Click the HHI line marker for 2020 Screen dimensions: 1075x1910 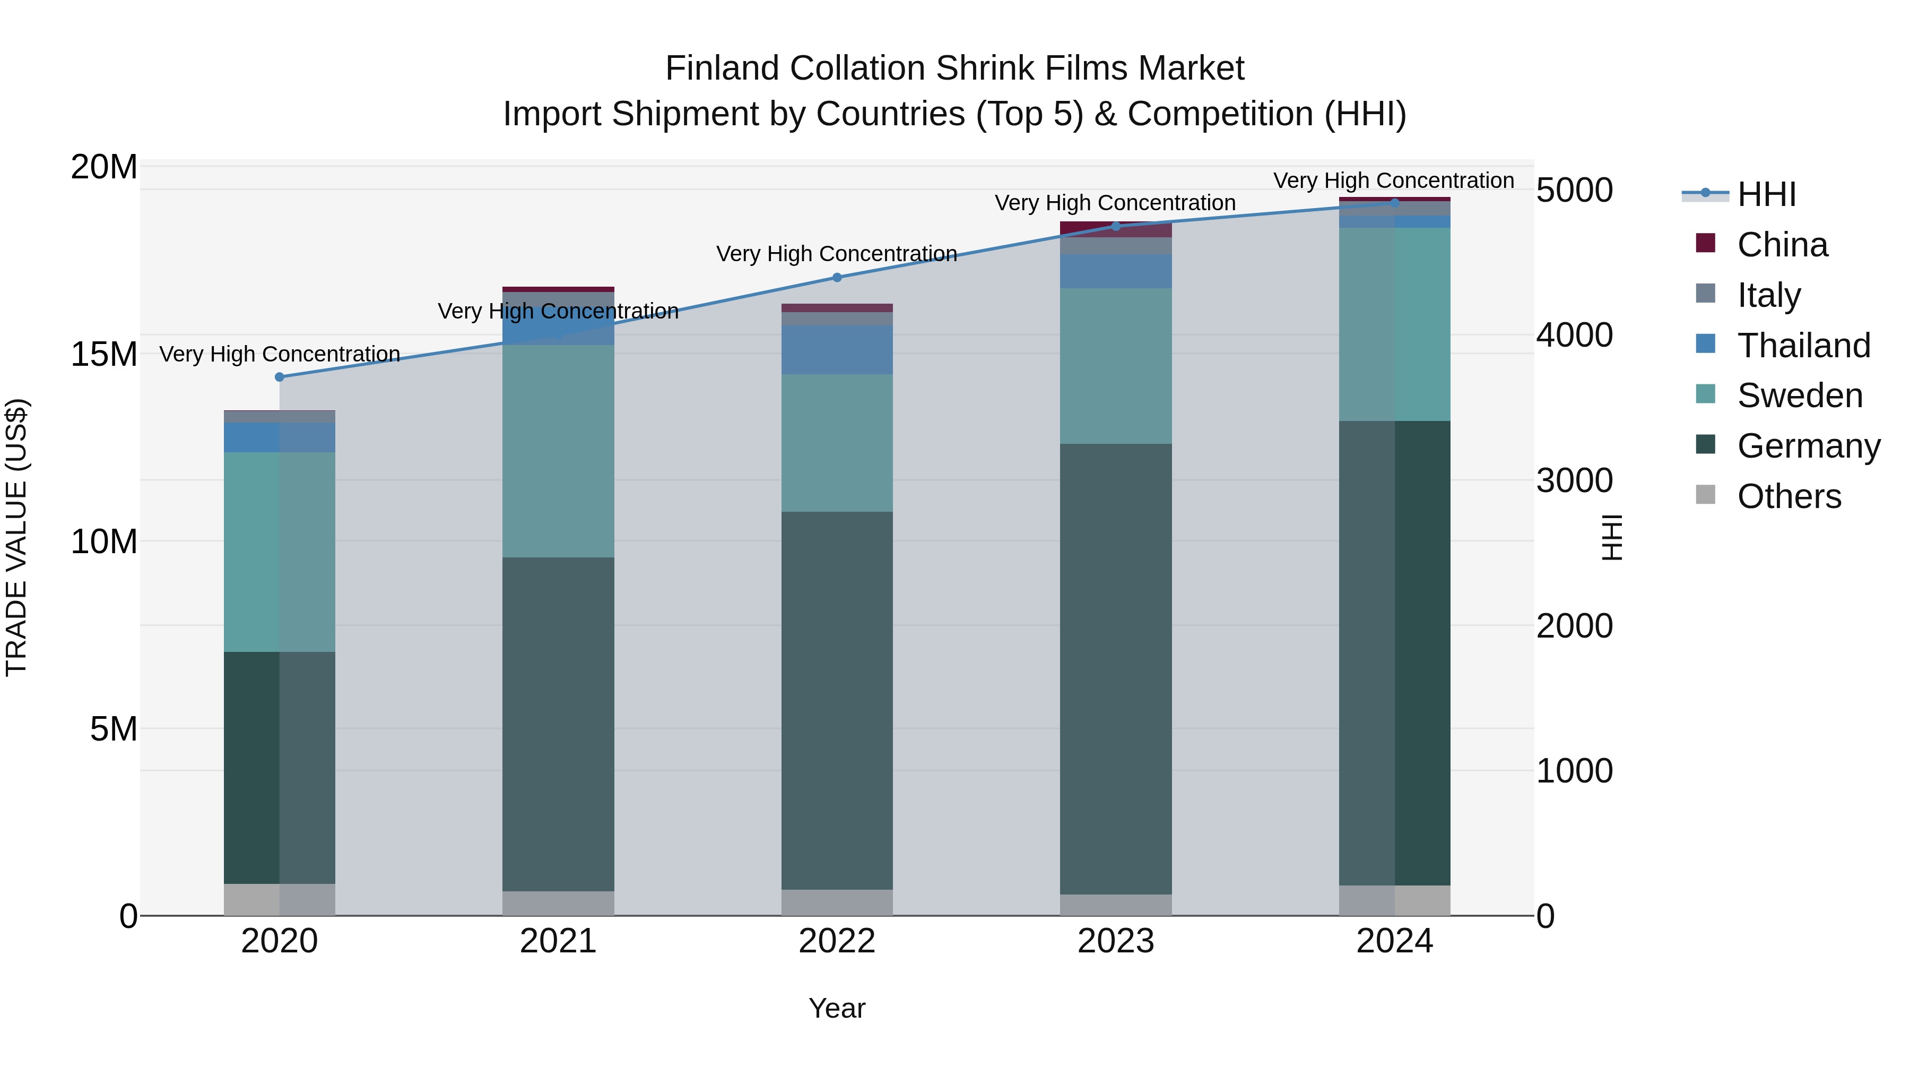280,377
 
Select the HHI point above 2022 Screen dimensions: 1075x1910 837,278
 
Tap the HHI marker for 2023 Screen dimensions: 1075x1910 1116,226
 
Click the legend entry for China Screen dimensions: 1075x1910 1782,245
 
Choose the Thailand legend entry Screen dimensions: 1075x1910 1803,346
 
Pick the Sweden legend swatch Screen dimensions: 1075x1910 1705,394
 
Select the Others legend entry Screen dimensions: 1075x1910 1789,496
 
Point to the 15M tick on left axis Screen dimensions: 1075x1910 104,354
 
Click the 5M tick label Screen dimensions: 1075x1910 112,729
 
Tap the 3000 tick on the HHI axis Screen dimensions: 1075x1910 1574,481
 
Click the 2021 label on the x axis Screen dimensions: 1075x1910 558,941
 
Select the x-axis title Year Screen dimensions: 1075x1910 837,1008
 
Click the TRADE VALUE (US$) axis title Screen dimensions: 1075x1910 16,537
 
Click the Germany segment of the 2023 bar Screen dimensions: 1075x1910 1116,668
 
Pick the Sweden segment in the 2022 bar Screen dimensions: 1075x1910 837,443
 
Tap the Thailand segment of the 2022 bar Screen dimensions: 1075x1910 837,349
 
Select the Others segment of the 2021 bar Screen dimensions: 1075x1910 558,903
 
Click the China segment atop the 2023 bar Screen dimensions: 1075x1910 1116,229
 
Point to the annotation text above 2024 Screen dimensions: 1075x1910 1393,180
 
